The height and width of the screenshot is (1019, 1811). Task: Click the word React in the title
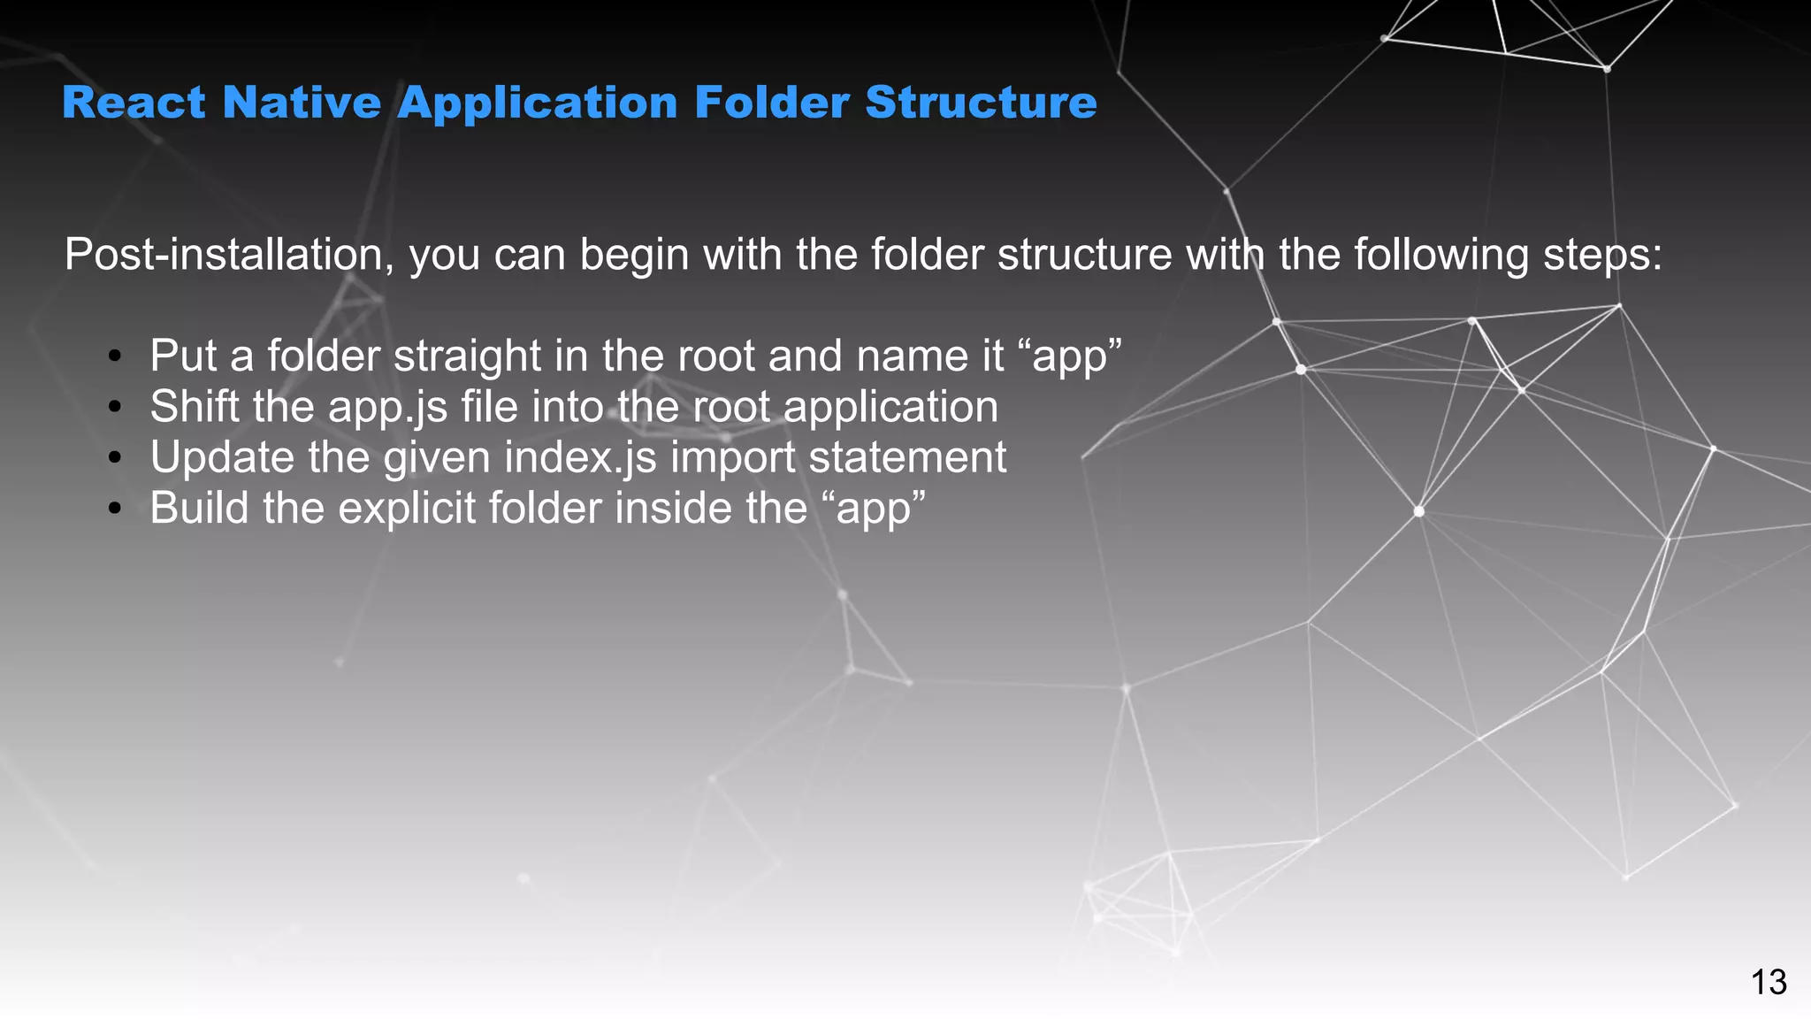click(134, 103)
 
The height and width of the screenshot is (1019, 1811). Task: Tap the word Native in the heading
click(302, 103)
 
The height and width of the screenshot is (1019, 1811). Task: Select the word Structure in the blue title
click(981, 103)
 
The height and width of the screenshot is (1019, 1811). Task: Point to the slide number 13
click(1769, 983)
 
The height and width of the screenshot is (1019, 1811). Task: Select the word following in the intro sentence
click(1441, 256)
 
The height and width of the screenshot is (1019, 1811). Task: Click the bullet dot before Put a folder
click(114, 357)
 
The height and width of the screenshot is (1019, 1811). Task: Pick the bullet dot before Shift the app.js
click(114, 408)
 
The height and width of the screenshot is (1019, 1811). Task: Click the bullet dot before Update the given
click(114, 458)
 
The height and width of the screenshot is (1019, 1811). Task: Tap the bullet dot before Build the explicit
click(114, 509)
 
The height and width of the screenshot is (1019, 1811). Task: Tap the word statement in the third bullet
click(907, 458)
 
